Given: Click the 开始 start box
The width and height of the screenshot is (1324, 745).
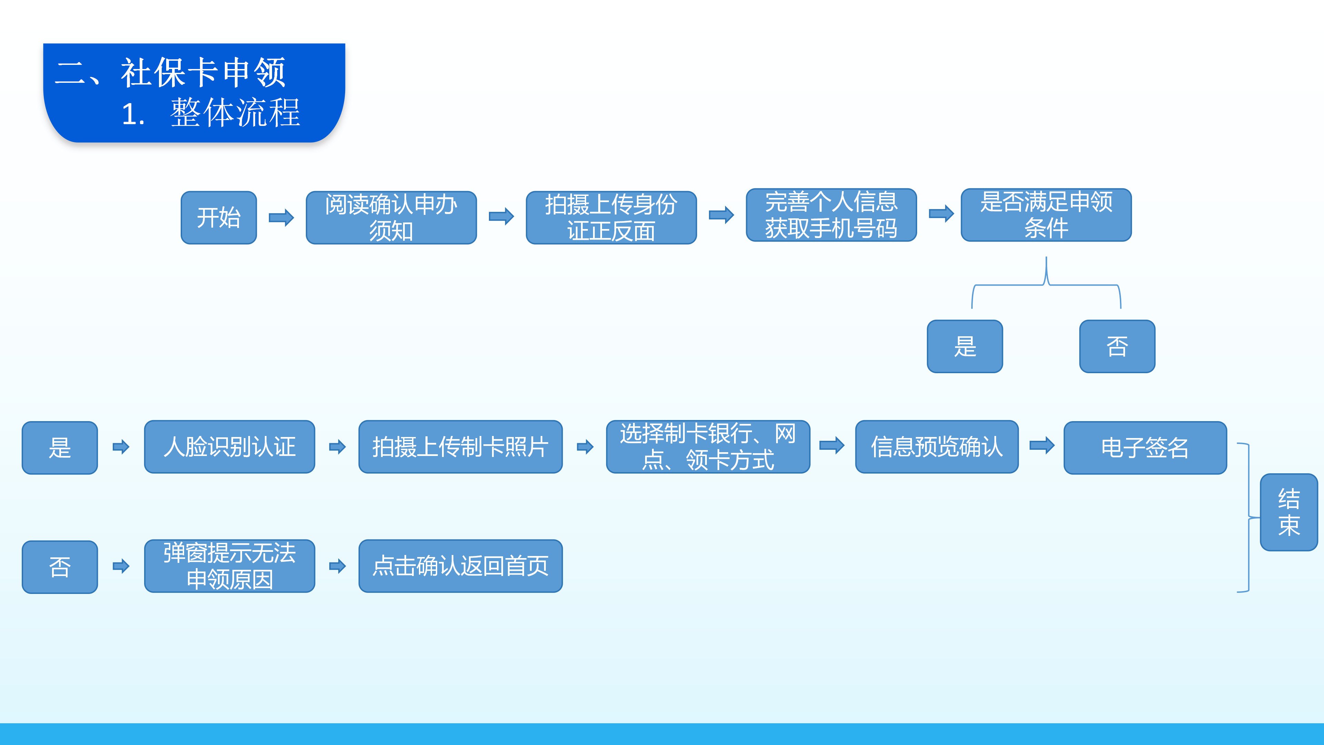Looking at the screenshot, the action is pyautogui.click(x=219, y=218).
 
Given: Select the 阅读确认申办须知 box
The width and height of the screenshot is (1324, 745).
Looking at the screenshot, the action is pyautogui.click(x=391, y=218).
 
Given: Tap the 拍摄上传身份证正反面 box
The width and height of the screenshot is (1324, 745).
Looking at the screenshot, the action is pyautogui.click(x=611, y=218).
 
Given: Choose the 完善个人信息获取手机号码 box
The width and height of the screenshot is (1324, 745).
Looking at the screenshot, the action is pyautogui.click(x=831, y=215).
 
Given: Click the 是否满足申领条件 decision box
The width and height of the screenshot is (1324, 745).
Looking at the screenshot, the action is pyautogui.click(x=1046, y=215).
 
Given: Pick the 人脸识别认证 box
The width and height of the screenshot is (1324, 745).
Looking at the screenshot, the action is pyautogui.click(x=229, y=447).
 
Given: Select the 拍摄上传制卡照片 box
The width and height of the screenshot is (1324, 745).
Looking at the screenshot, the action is pyautogui.click(x=461, y=447).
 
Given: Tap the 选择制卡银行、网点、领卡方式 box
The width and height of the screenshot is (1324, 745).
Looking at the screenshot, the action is pyautogui.click(x=708, y=447).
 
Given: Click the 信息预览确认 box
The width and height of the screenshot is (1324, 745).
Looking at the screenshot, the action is pyautogui.click(x=936, y=447).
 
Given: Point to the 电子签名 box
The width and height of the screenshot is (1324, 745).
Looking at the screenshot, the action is pyautogui.click(x=1145, y=448).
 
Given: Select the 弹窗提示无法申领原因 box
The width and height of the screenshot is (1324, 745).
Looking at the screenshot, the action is pyautogui.click(x=229, y=566).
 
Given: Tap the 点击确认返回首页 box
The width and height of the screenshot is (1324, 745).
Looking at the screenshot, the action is pyautogui.click(x=461, y=566).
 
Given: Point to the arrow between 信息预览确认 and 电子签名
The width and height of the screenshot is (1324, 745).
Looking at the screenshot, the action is pyautogui.click(x=1042, y=445).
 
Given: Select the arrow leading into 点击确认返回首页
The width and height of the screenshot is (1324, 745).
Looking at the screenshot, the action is pyautogui.click(x=337, y=566).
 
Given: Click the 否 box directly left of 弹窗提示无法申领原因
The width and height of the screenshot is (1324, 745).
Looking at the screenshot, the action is pyautogui.click(x=60, y=567).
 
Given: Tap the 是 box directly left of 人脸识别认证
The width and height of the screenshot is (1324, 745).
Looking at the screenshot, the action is pyautogui.click(x=60, y=448).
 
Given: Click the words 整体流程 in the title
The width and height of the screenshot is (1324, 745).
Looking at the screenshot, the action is pyautogui.click(x=235, y=112).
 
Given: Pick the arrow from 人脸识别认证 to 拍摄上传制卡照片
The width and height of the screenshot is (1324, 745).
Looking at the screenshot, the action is pyautogui.click(x=337, y=447).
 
